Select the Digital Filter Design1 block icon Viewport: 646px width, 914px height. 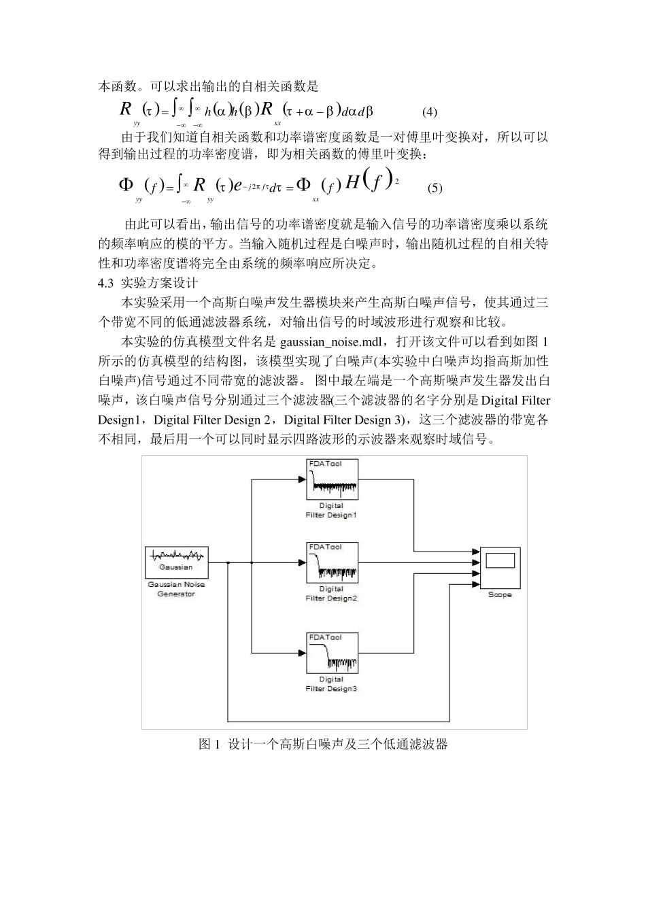point(333,479)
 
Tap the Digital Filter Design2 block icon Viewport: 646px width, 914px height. point(333,562)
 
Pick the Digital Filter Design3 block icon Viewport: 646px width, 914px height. point(333,653)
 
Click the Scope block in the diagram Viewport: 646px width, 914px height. point(500,567)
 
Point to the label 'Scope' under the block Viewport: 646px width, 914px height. point(500,595)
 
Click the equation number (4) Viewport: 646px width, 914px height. point(429,112)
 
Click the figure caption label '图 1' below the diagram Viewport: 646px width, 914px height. point(209,745)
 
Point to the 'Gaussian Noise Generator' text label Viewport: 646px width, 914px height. point(176,589)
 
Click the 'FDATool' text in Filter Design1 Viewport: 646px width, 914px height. point(325,464)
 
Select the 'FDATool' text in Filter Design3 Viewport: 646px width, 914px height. point(325,637)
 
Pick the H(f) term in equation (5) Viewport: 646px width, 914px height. point(371,182)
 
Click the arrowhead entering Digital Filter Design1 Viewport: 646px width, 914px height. point(301,479)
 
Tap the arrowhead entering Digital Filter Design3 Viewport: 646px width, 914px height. point(301,653)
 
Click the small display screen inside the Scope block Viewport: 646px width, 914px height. point(500,561)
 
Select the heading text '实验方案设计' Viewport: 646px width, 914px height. point(159,282)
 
